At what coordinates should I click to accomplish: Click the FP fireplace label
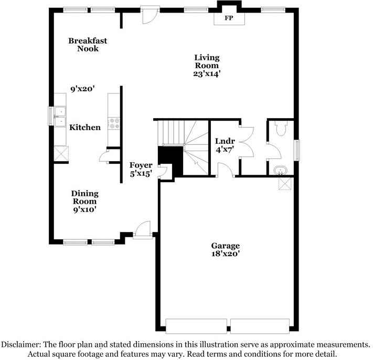(x=229, y=18)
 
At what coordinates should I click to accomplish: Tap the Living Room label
(x=207, y=61)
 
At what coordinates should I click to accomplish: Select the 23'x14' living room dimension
(x=207, y=74)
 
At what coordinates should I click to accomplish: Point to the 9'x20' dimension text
(x=82, y=89)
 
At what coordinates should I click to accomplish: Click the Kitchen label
(x=85, y=127)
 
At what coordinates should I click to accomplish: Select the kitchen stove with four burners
(x=113, y=123)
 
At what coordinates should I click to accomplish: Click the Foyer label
(x=141, y=165)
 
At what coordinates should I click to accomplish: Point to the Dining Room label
(x=85, y=197)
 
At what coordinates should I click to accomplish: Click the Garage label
(x=226, y=246)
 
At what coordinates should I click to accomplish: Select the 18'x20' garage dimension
(x=226, y=254)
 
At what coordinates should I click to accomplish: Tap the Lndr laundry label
(x=225, y=141)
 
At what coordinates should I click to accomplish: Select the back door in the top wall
(x=150, y=15)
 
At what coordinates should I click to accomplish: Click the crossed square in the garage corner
(x=285, y=184)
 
